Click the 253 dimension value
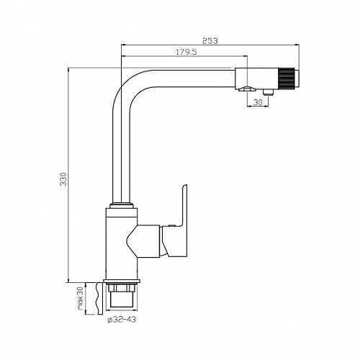[210, 41]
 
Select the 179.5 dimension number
[186, 52]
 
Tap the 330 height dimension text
[63, 179]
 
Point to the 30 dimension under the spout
[258, 102]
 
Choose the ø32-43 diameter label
[122, 320]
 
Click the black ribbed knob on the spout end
[286, 78]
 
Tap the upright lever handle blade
[183, 207]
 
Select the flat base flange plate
[122, 282]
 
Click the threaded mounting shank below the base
[122, 295]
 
